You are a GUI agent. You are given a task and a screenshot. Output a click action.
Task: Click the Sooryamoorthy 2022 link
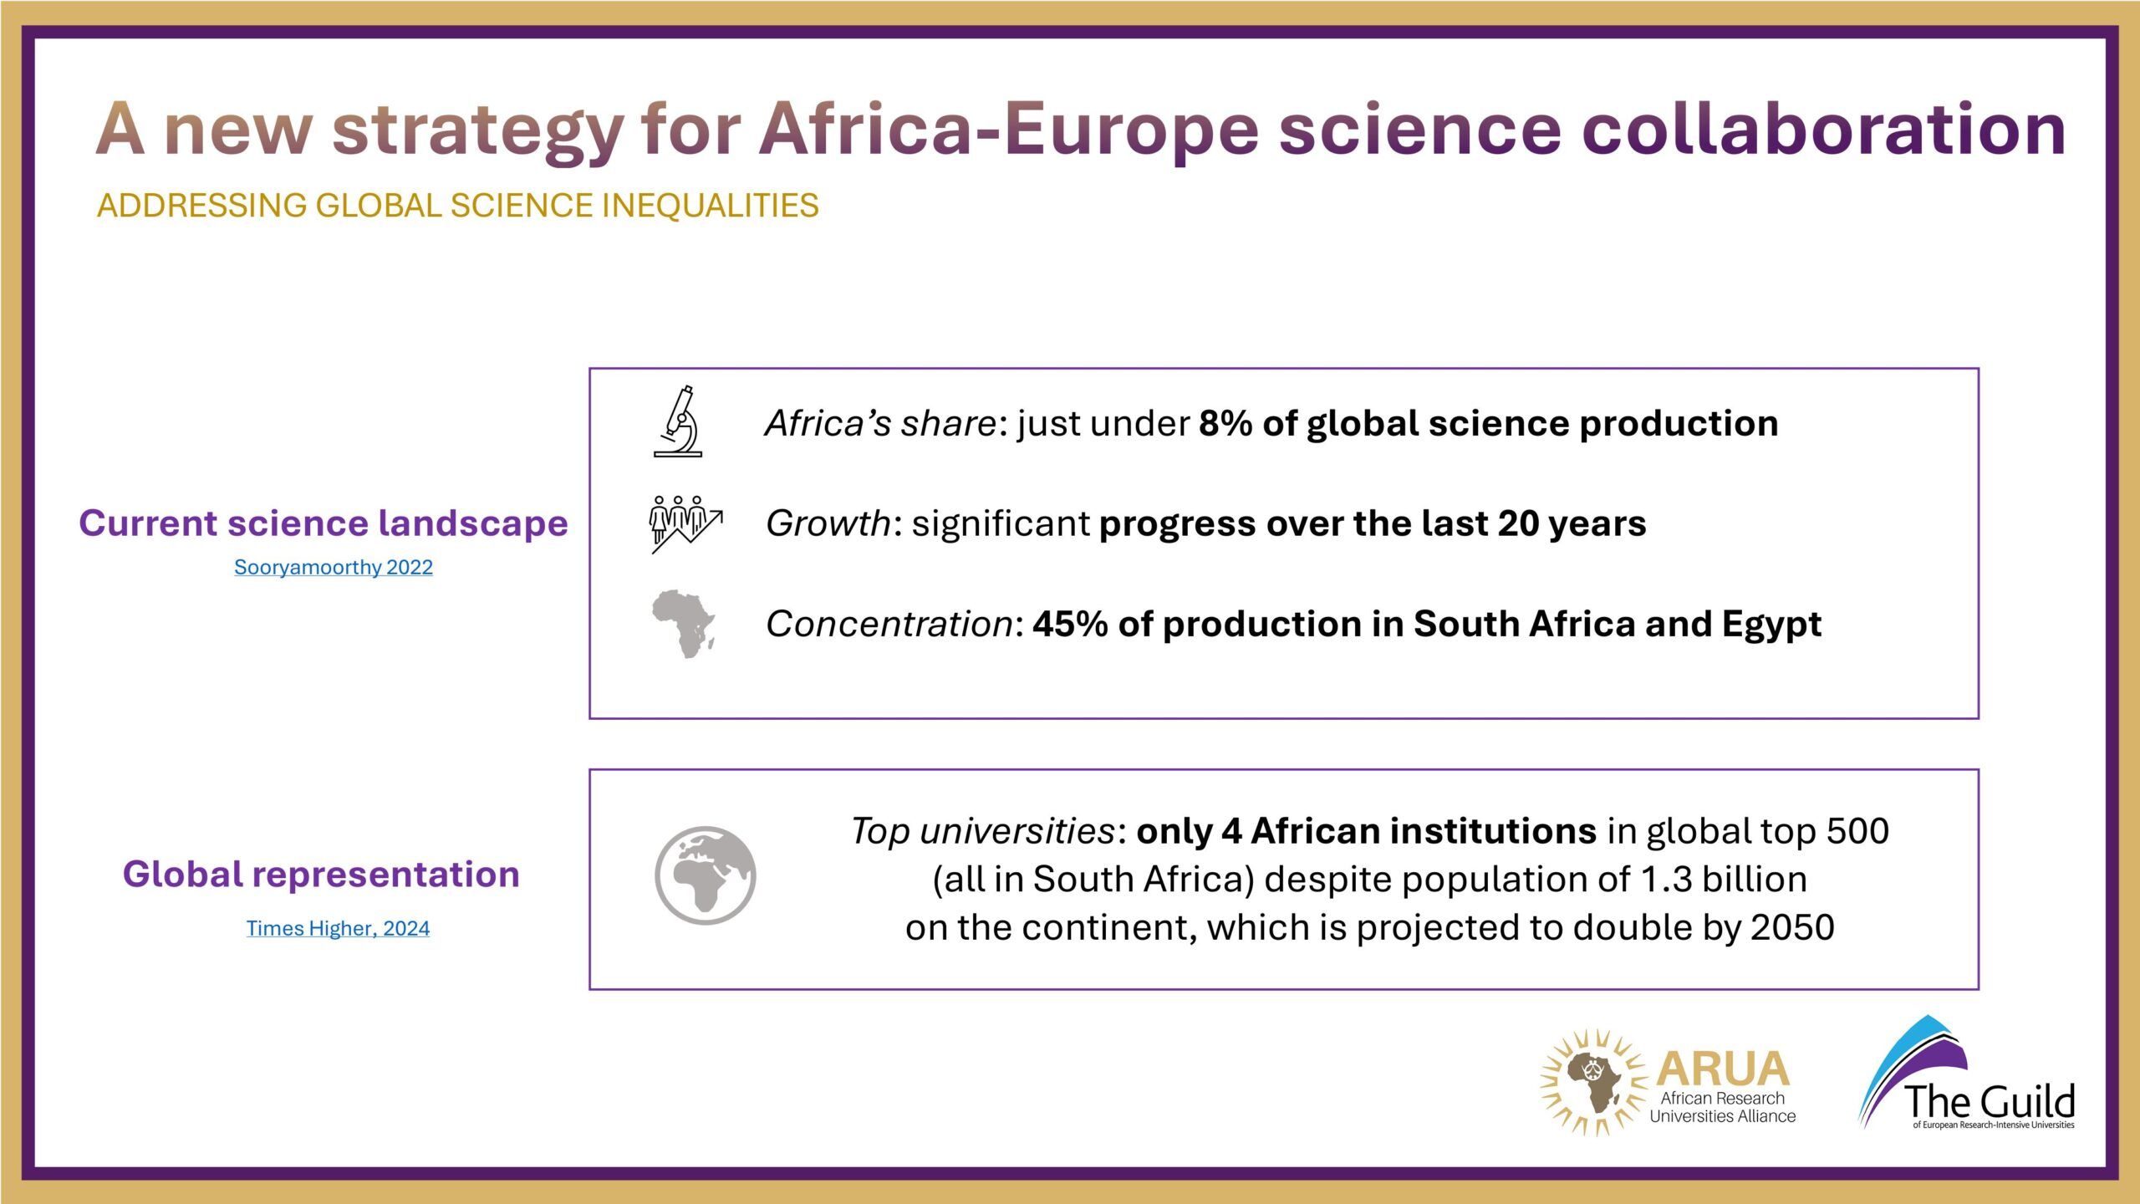(334, 567)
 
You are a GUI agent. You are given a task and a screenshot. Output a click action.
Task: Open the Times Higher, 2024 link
(338, 928)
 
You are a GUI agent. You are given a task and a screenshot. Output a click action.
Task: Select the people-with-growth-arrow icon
(686, 524)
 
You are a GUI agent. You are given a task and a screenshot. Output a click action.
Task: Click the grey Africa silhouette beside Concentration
(684, 625)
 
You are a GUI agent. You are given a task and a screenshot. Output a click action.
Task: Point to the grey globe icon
(706, 875)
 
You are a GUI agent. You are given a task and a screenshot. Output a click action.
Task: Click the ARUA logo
(1668, 1083)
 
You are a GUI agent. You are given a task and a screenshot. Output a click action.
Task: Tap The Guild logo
(1966, 1073)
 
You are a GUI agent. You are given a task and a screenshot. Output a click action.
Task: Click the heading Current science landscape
(324, 523)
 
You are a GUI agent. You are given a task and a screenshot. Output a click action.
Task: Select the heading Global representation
(321, 875)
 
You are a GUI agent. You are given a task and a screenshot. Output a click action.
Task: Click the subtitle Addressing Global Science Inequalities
(458, 206)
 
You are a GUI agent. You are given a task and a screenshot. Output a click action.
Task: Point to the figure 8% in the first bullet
(1225, 423)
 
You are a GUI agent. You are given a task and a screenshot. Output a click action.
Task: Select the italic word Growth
(828, 523)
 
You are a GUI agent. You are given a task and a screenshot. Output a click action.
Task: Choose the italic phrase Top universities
(982, 832)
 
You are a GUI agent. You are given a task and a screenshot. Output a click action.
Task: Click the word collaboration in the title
(1824, 129)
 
